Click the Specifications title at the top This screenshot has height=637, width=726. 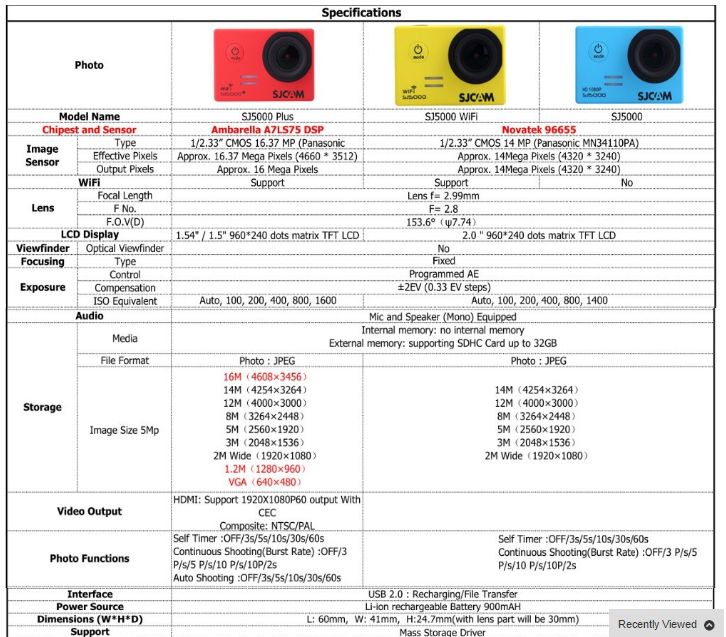(x=362, y=13)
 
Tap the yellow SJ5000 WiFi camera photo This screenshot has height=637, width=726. (x=451, y=65)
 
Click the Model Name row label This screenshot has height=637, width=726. (x=89, y=117)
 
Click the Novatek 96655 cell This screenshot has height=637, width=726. (x=539, y=130)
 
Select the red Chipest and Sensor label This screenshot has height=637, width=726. (x=89, y=130)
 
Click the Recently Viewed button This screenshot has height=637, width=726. (x=657, y=624)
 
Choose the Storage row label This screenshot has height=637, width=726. (x=42, y=407)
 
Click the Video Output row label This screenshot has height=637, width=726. (x=89, y=511)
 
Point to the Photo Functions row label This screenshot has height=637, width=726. (x=89, y=558)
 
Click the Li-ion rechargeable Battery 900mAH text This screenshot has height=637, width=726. (x=444, y=606)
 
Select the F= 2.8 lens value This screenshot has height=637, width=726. (x=443, y=209)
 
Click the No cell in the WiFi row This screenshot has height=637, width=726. (x=627, y=183)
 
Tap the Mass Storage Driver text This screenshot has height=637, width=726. (x=443, y=632)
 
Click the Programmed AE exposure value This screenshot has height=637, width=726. (x=443, y=274)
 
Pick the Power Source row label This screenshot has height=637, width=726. (x=89, y=606)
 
